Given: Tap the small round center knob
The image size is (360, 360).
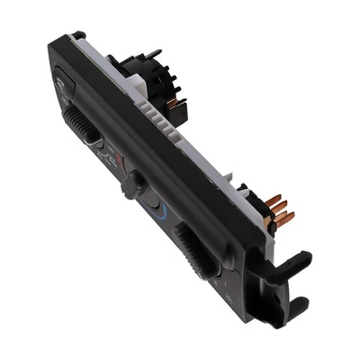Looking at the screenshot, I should [138, 182].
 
